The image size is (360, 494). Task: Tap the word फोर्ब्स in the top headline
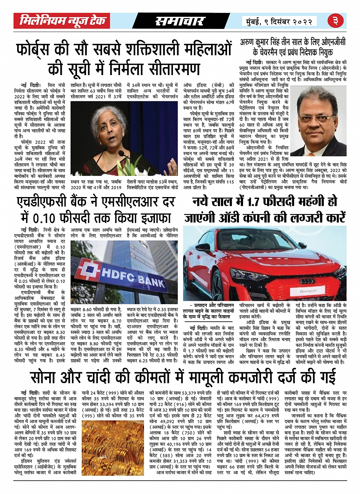(37, 50)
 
